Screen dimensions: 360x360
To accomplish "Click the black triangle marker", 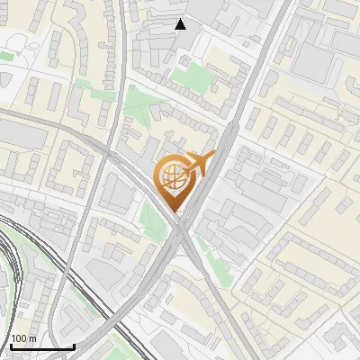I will click(181, 24).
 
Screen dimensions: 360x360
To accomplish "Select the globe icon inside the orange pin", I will click(172, 176).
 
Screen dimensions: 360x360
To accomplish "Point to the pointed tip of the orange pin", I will click(173, 211).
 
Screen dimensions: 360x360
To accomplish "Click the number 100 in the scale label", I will click(20, 339).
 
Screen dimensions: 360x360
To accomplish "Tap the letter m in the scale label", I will click(32, 339).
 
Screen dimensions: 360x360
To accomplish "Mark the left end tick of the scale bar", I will click(11, 346).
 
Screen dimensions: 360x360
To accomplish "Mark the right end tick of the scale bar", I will click(74, 346).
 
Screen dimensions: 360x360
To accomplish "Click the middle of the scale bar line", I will click(42, 346).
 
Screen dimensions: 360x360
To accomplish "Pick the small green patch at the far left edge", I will click(5, 56).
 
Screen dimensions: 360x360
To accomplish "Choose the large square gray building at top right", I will click(311, 58).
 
